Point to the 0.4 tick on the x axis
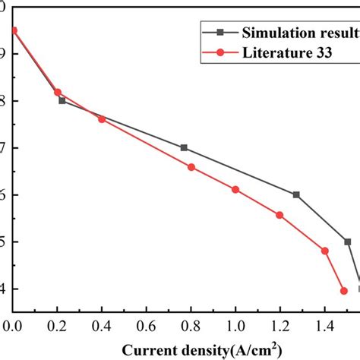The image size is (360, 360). [102, 325]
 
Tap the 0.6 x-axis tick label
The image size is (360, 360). [147, 325]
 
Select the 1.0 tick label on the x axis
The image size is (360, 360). [235, 325]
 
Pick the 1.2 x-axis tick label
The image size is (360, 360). [280, 325]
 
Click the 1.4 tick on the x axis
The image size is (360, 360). [325, 325]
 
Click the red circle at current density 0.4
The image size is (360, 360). [102, 119]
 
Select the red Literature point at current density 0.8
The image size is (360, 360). [191, 167]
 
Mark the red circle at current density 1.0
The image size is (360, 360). [235, 189]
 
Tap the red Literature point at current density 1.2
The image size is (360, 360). [279, 215]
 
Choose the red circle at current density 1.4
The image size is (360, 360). [325, 251]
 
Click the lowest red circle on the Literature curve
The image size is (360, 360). [343, 291]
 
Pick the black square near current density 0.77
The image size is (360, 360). [184, 148]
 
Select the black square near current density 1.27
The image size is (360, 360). [296, 194]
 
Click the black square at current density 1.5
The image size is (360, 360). [348, 242]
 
